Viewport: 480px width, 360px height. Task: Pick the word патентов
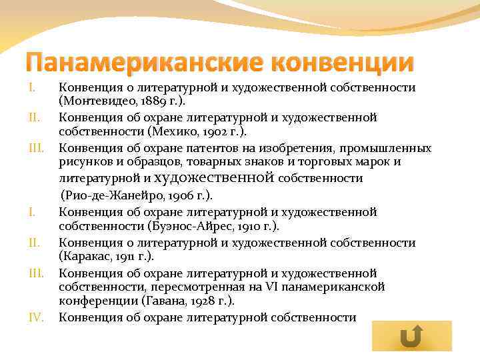click(221, 147)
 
